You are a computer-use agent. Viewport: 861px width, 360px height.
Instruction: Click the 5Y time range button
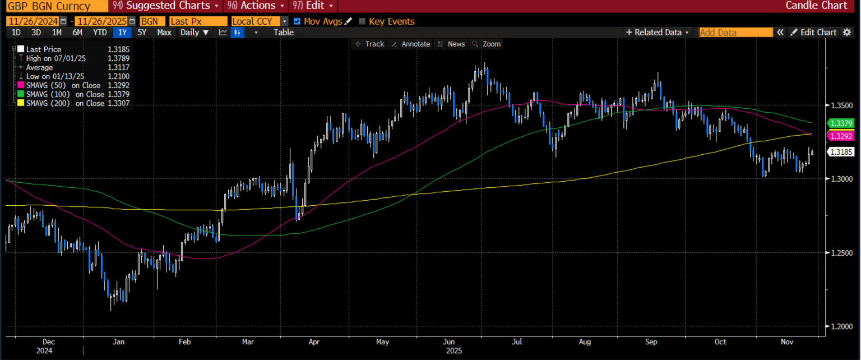click(142, 33)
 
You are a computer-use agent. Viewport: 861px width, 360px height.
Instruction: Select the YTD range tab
click(100, 33)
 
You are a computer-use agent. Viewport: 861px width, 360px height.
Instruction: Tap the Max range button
click(164, 33)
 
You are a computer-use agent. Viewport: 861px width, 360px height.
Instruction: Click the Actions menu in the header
click(256, 6)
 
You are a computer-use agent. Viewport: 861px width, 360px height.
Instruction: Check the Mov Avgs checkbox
click(297, 21)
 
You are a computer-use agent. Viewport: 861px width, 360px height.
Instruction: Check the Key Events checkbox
click(362, 21)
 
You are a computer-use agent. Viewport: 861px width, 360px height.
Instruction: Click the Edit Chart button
click(813, 33)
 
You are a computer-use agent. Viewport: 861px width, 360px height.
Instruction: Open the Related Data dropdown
click(658, 33)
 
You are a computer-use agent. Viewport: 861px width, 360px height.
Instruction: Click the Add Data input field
click(735, 33)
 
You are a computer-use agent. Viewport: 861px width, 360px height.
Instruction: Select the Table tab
click(283, 33)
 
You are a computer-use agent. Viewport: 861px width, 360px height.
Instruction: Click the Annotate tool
click(411, 44)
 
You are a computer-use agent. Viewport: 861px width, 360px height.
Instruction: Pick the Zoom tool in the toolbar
click(487, 44)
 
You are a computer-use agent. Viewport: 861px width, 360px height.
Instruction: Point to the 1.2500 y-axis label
click(840, 253)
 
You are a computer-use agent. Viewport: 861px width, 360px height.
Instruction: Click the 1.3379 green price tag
click(841, 123)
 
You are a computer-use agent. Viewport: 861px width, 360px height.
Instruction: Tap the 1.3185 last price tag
click(841, 152)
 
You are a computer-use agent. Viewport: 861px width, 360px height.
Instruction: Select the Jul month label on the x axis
click(517, 341)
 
